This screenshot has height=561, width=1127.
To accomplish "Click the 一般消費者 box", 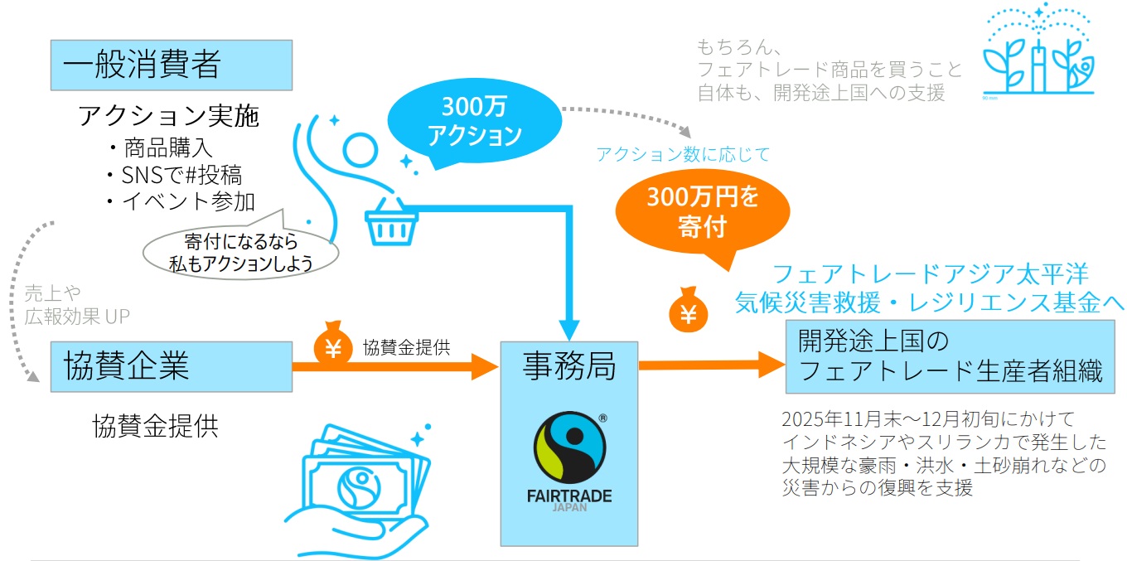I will coord(172,65).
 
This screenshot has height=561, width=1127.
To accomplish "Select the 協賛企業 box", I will coord(172,365).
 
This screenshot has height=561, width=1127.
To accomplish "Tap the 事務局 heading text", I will coord(569,365).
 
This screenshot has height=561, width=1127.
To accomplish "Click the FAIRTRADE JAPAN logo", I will coord(569,461).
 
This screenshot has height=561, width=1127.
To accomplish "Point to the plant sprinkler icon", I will coord(1038,55).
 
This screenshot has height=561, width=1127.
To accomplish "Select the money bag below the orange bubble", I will coord(688,311).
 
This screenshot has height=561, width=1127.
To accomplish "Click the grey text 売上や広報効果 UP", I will coord(77,304).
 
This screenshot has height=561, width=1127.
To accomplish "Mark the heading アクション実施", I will coord(168,117).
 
